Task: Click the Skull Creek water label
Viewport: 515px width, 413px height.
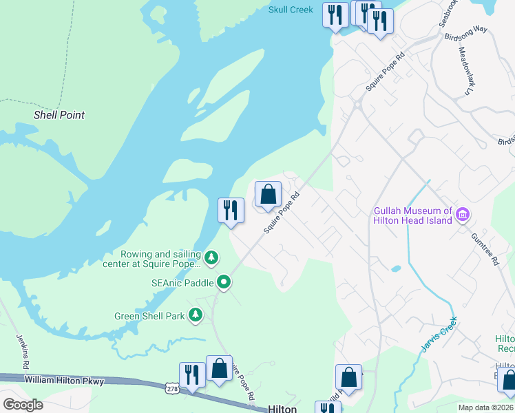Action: (x=291, y=10)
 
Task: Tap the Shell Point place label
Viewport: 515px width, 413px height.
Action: (x=59, y=115)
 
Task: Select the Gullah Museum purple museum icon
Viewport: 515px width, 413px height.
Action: (x=463, y=215)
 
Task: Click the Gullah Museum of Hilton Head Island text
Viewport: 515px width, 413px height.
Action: (x=412, y=215)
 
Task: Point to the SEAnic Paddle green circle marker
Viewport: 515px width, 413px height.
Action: (x=224, y=282)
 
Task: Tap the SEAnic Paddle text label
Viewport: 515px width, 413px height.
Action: (x=182, y=282)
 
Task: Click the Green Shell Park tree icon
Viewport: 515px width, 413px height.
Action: (x=196, y=315)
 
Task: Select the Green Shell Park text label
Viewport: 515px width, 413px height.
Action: (x=149, y=316)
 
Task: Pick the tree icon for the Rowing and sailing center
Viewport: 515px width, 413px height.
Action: (x=213, y=258)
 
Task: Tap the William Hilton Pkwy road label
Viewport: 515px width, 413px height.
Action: (x=63, y=379)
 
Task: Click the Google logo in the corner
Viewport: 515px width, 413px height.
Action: (x=23, y=405)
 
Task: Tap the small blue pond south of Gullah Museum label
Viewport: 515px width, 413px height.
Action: (x=396, y=269)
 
